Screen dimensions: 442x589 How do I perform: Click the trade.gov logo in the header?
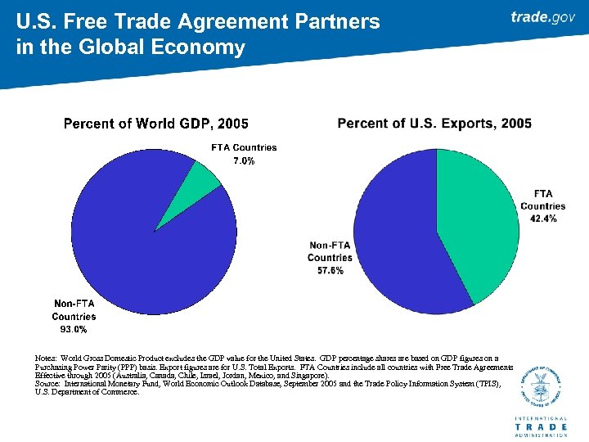click(x=542, y=17)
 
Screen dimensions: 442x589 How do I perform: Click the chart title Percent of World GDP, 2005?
click(x=155, y=124)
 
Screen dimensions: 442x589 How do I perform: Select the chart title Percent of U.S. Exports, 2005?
click(x=434, y=123)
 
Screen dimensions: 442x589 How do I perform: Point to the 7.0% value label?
click(x=244, y=161)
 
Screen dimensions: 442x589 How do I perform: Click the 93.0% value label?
click(x=74, y=330)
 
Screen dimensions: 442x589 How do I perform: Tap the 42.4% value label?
click(x=543, y=219)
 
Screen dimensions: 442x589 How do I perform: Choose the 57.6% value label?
click(x=330, y=270)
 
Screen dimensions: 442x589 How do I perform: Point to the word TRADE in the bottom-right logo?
click(x=541, y=426)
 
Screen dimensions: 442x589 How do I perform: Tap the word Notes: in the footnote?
click(x=46, y=358)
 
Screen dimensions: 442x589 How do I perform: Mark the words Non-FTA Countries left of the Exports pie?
click(x=330, y=251)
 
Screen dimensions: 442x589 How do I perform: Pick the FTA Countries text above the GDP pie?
click(x=244, y=147)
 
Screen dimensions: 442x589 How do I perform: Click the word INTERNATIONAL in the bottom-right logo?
click(x=541, y=418)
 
